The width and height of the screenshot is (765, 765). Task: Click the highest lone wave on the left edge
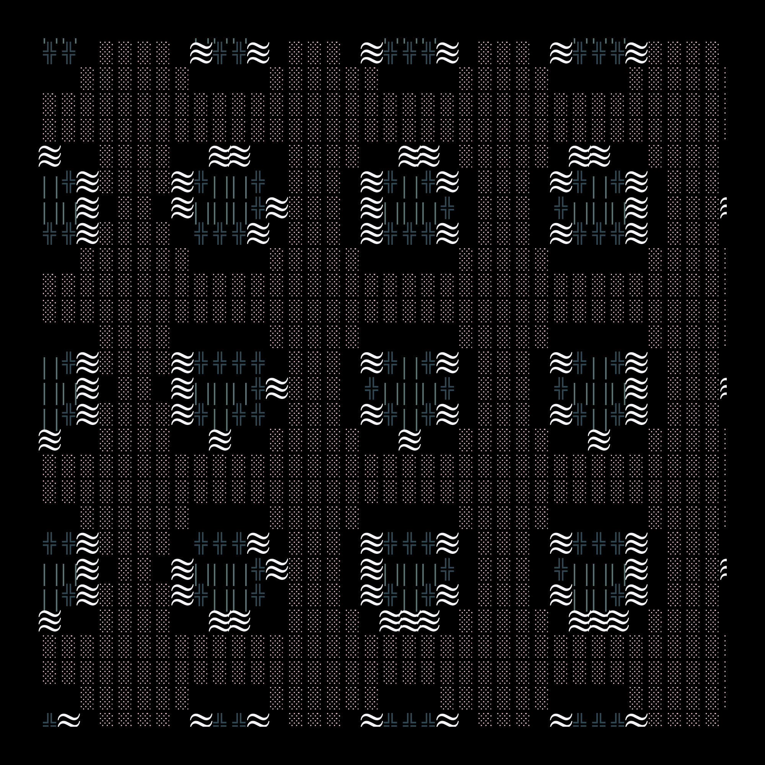(x=50, y=156)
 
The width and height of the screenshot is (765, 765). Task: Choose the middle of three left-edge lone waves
(x=50, y=440)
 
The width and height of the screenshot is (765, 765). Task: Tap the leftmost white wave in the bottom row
(x=69, y=721)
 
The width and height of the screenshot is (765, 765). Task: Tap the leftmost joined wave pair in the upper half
(x=229, y=156)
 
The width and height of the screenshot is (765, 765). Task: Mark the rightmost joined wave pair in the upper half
(x=589, y=156)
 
